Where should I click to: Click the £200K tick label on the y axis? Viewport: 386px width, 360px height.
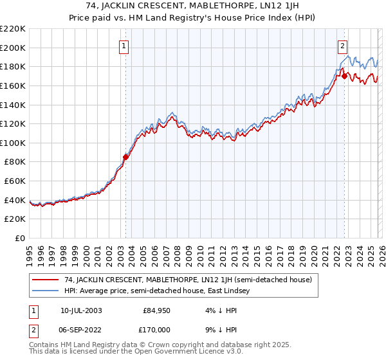tap(13, 48)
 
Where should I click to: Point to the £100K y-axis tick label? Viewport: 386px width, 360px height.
tap(13, 143)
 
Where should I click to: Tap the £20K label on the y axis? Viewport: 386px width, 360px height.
tap(15, 219)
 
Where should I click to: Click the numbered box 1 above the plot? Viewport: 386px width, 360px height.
tap(124, 46)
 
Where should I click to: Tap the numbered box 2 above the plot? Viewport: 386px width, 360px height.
tap(343, 46)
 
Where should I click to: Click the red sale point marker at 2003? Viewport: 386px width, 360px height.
tap(126, 156)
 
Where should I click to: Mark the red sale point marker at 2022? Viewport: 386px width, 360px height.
tap(344, 76)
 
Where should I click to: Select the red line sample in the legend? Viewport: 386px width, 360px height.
tap(46, 280)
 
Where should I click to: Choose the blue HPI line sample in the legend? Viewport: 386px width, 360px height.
tap(46, 291)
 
